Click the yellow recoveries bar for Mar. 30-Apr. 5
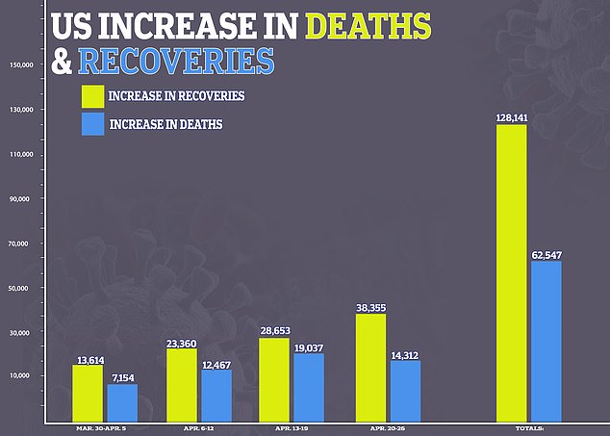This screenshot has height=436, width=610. point(88,394)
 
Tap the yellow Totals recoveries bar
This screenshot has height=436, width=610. point(511,273)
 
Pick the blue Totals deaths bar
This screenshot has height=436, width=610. point(546,342)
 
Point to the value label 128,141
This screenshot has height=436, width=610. point(510,117)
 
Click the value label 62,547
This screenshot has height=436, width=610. point(546,254)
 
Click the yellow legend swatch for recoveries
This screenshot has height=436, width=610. point(92,96)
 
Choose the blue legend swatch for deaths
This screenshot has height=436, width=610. point(92,124)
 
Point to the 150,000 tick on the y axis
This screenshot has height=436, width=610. point(21,65)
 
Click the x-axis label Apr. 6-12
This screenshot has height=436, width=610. point(197,427)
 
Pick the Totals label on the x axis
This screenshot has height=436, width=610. point(529,427)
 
